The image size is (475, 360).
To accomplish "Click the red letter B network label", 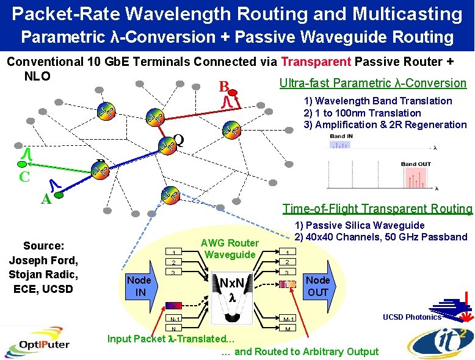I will [x=224, y=85].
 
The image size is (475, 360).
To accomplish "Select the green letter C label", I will [x=24, y=177].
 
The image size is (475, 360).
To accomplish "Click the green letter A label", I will [x=45, y=199].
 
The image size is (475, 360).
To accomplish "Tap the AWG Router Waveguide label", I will [x=230, y=249].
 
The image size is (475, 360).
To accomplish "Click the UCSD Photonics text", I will [x=412, y=317].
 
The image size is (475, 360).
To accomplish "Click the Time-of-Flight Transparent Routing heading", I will [x=377, y=209].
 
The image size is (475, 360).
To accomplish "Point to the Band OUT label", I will [x=415, y=164].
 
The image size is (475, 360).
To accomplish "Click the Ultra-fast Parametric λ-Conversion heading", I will [x=372, y=83].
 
